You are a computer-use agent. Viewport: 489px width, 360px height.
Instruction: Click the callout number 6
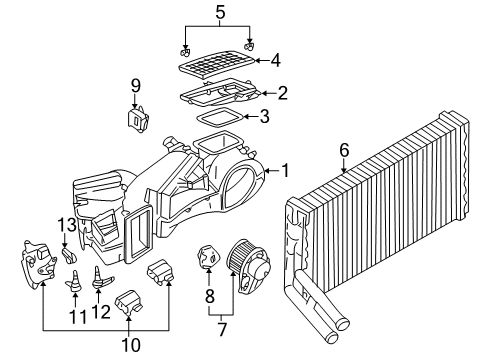344,150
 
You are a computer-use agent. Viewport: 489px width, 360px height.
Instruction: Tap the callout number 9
135,86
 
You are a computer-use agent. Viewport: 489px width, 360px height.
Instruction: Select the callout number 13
68,225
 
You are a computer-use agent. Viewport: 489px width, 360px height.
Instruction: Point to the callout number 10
131,345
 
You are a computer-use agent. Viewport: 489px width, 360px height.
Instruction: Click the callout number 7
222,330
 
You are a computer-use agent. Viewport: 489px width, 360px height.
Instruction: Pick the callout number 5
220,12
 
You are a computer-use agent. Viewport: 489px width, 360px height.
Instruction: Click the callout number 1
285,171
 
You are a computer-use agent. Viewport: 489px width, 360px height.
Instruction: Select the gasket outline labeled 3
219,119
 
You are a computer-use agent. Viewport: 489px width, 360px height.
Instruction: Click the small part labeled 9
137,119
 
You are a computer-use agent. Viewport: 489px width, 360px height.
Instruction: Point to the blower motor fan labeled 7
249,266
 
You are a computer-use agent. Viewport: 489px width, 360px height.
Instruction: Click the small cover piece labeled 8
209,256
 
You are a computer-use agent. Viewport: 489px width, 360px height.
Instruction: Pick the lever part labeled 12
100,278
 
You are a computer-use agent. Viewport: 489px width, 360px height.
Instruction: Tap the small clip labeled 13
69,255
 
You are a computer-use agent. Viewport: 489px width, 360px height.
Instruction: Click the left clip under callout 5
185,52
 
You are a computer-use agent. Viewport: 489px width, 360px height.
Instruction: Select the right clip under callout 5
249,46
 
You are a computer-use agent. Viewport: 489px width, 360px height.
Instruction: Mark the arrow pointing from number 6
344,166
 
